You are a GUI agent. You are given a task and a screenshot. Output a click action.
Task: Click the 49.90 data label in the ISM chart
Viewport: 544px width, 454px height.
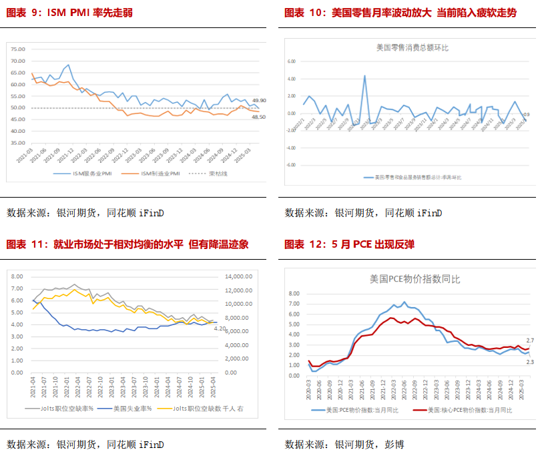coord(259,100)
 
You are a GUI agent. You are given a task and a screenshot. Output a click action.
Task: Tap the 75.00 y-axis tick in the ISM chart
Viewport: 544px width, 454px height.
coord(18,49)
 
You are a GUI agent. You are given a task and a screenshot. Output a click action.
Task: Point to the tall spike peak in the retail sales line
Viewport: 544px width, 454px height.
coord(364,75)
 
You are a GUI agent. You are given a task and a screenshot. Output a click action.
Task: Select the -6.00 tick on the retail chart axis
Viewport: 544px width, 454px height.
coord(291,164)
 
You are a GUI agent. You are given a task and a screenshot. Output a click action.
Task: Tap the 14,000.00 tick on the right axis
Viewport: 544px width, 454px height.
coord(239,276)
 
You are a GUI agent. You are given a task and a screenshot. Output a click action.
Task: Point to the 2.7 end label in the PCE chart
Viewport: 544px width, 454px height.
coord(530,341)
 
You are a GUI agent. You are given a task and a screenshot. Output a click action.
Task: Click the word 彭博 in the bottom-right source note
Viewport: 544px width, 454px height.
coord(394,444)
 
